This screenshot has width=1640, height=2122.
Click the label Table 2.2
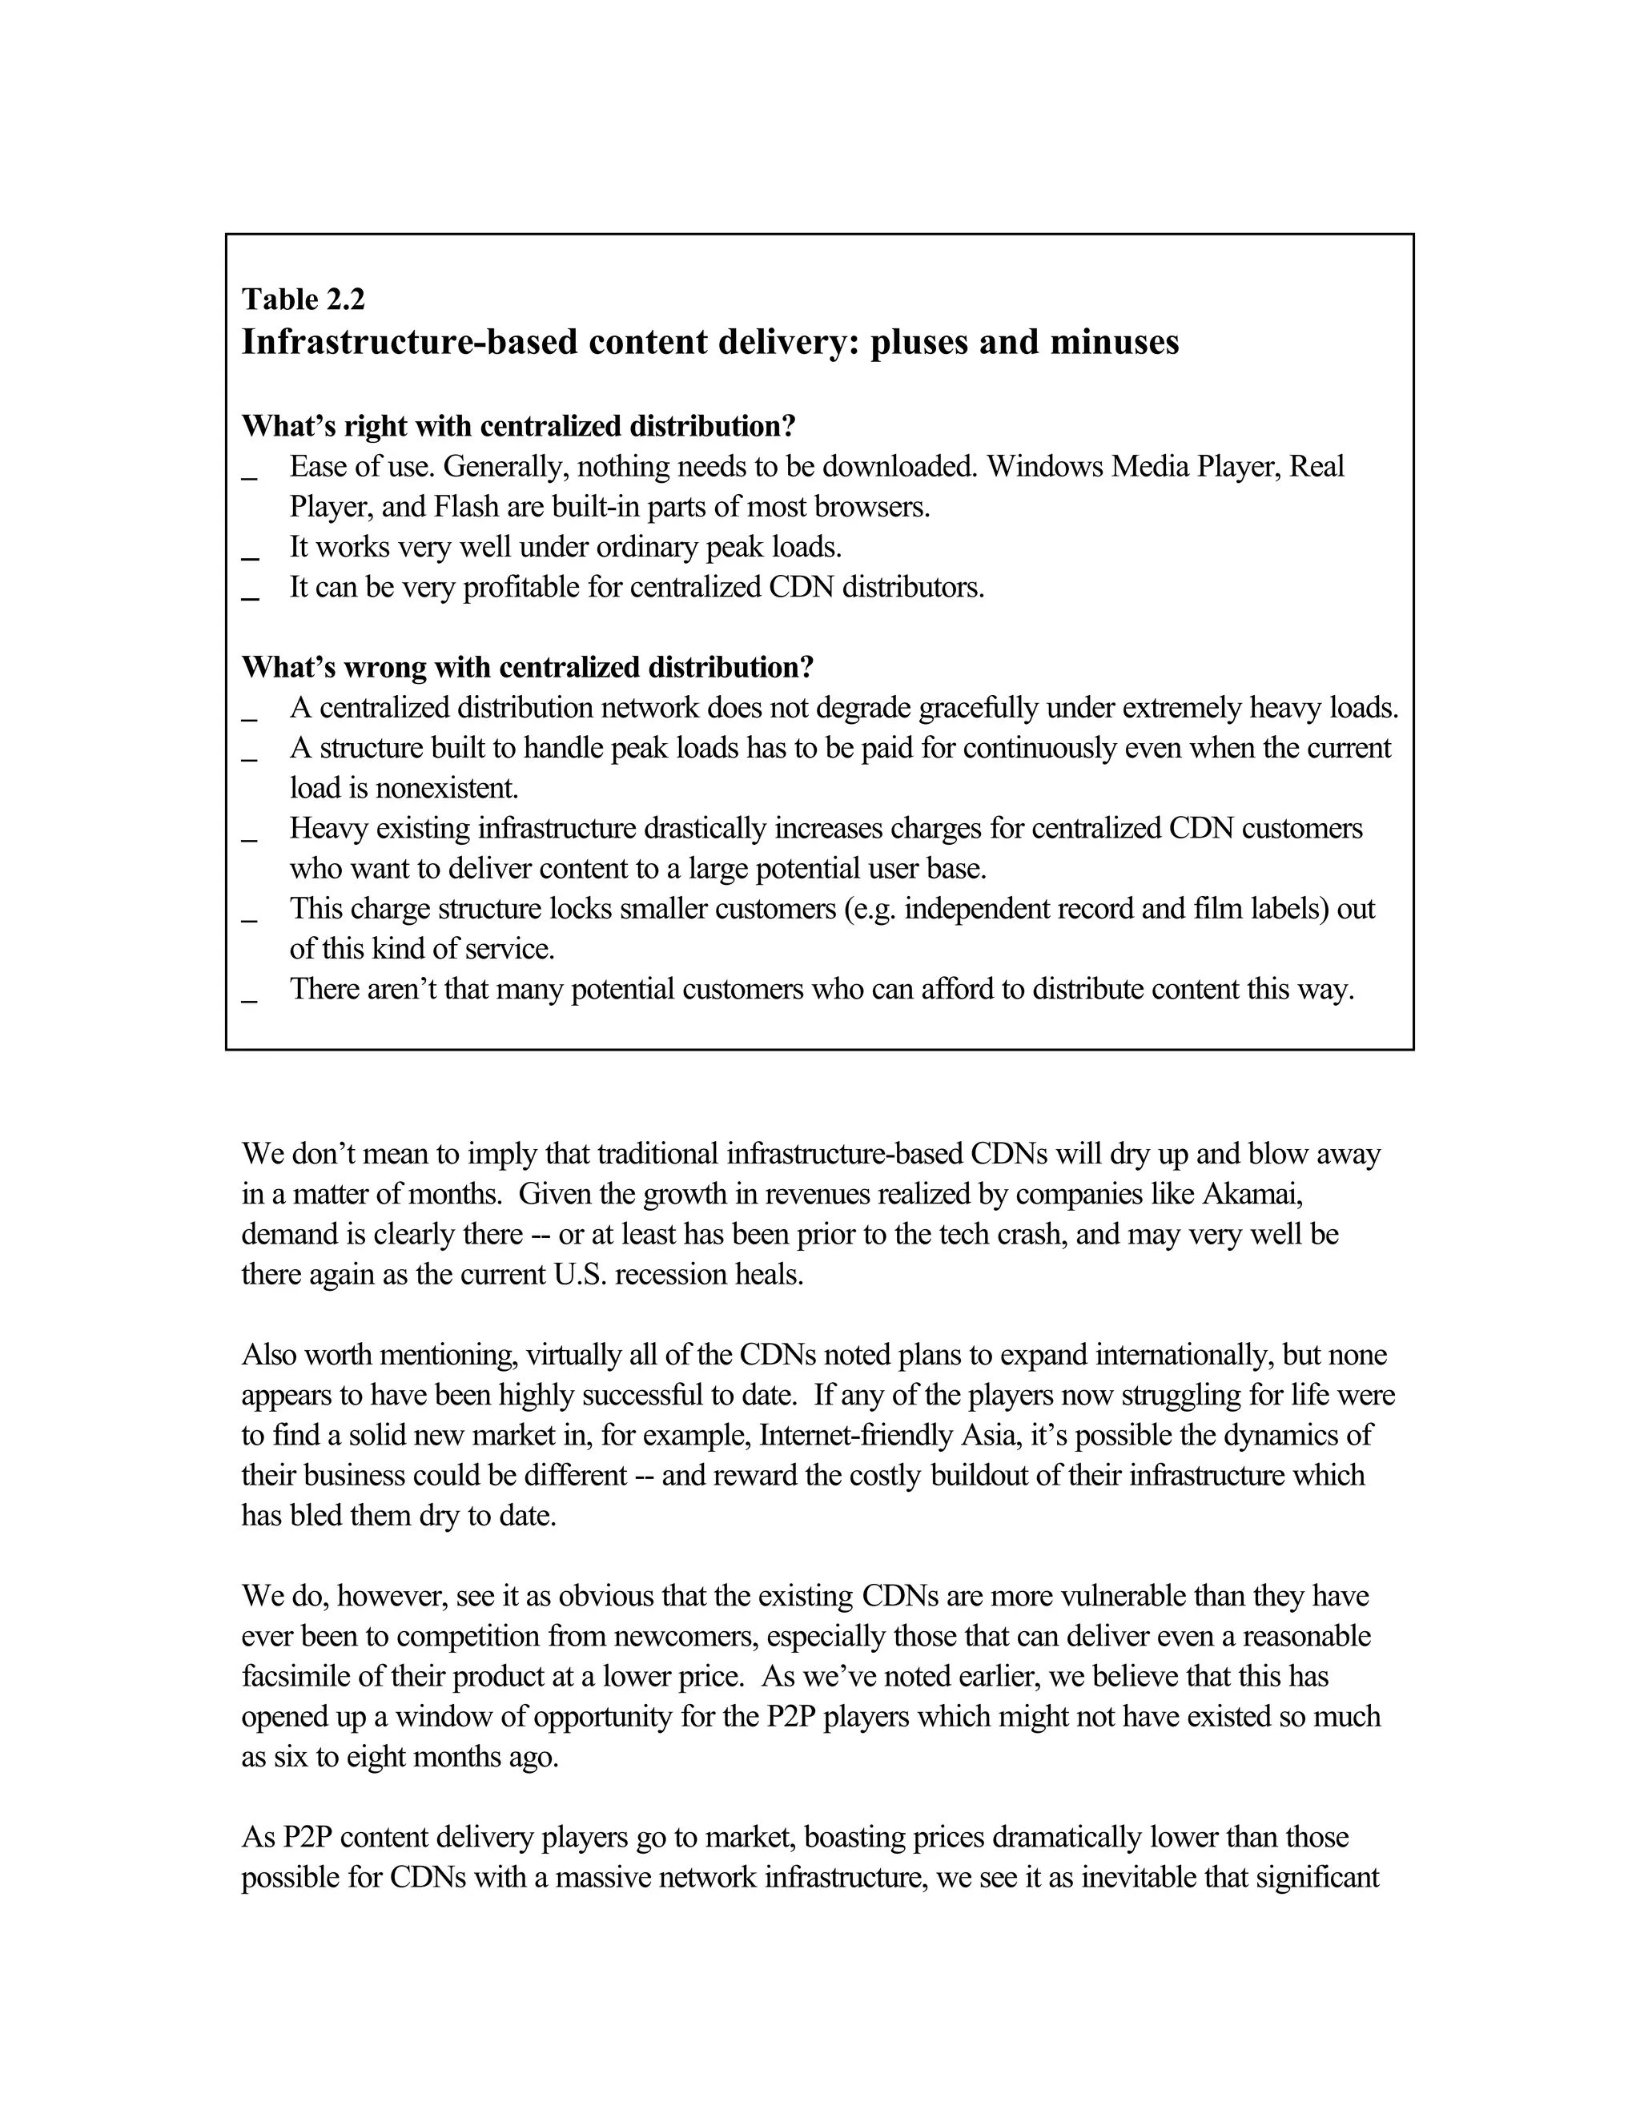303,299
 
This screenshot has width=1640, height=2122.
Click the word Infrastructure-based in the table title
409,342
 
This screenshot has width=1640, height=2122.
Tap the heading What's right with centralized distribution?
519,425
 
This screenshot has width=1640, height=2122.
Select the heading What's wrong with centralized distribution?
528,668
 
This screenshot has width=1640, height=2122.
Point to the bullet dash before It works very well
250,556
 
